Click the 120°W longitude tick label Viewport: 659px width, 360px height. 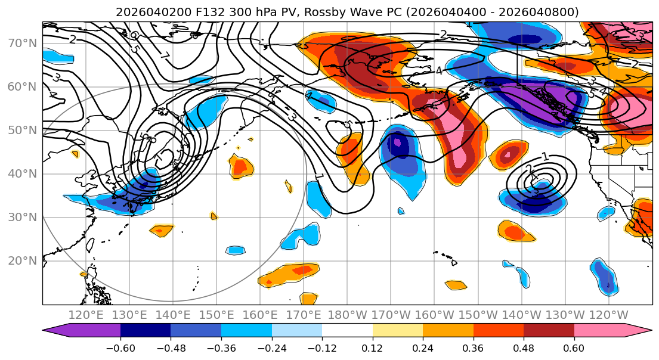(608, 315)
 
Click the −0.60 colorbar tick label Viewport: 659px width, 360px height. (120, 347)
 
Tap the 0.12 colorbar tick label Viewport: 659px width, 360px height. (372, 347)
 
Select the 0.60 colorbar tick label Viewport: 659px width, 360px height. (574, 347)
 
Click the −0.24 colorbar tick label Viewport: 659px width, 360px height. (271, 347)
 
